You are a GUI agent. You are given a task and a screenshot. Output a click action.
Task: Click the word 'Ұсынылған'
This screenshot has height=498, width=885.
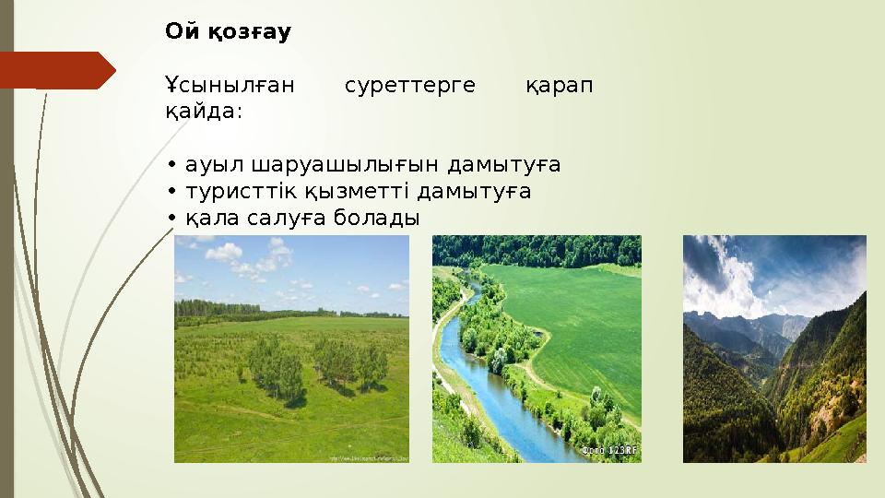(x=230, y=87)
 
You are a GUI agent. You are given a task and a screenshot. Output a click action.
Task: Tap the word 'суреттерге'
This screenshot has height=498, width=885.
(x=409, y=87)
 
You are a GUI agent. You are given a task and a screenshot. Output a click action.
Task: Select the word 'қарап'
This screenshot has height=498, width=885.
(x=559, y=87)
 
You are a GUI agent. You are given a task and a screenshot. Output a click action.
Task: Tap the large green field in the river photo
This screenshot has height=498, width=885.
(x=572, y=314)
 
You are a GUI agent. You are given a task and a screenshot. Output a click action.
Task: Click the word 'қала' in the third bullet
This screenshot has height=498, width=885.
(x=206, y=219)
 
